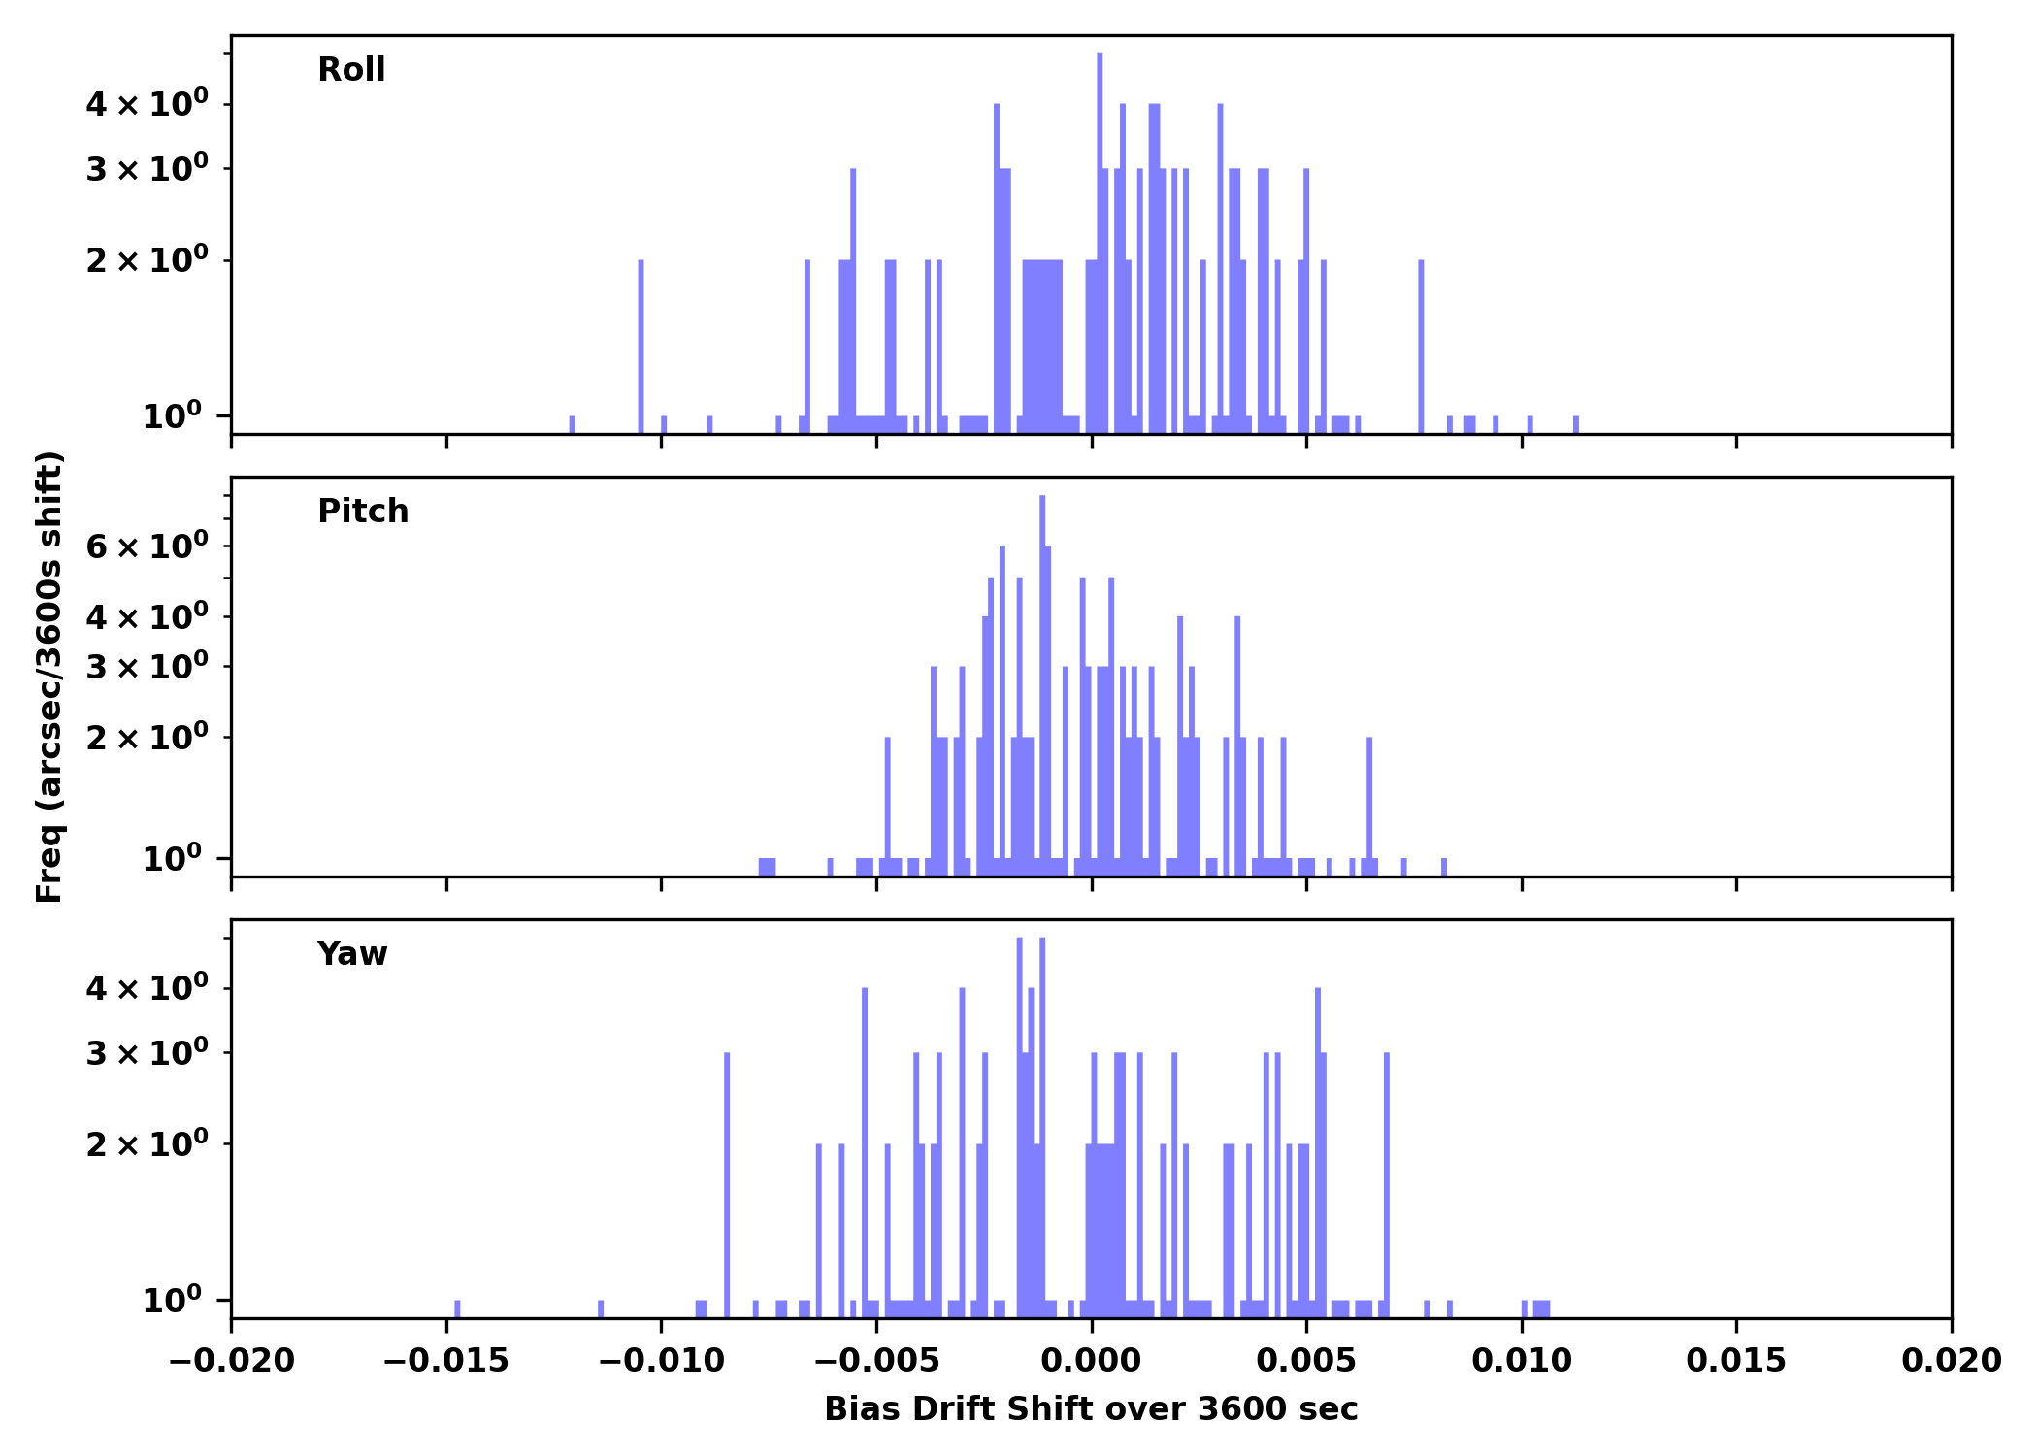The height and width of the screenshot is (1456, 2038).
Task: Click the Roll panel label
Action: coord(351,70)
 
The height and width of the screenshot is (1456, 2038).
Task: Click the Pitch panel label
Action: coord(363,512)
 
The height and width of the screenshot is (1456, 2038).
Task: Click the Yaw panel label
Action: coord(351,954)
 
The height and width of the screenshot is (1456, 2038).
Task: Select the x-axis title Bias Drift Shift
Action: coord(1091,1409)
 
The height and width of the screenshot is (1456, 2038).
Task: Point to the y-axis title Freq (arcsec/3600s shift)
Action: coord(49,677)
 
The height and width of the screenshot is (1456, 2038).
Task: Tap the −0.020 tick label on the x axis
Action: coord(231,1361)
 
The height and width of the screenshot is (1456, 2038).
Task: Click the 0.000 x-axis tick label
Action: coord(1091,1361)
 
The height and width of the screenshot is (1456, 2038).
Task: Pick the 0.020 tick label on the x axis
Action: coord(1951,1361)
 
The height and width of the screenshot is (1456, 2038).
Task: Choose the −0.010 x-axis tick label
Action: coord(661,1361)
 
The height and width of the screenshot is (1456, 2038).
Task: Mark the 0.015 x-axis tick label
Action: coord(1735,1361)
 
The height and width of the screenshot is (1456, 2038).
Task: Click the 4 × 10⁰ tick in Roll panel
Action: coord(147,103)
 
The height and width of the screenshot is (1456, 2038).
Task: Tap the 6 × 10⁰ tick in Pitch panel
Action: coord(147,546)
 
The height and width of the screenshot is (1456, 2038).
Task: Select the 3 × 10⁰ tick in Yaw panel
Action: coord(147,1053)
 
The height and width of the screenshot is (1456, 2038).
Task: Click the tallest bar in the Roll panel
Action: coord(1100,243)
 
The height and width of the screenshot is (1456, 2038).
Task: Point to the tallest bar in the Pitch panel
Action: coord(1042,679)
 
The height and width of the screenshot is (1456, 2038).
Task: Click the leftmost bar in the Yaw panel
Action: coord(457,1308)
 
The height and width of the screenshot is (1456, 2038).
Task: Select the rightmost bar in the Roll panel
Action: coord(1575,424)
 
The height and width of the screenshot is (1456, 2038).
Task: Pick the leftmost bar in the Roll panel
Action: coord(572,424)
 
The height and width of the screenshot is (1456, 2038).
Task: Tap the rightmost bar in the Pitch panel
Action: coord(1444,867)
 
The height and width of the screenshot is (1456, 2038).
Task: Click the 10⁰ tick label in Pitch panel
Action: coord(172,859)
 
